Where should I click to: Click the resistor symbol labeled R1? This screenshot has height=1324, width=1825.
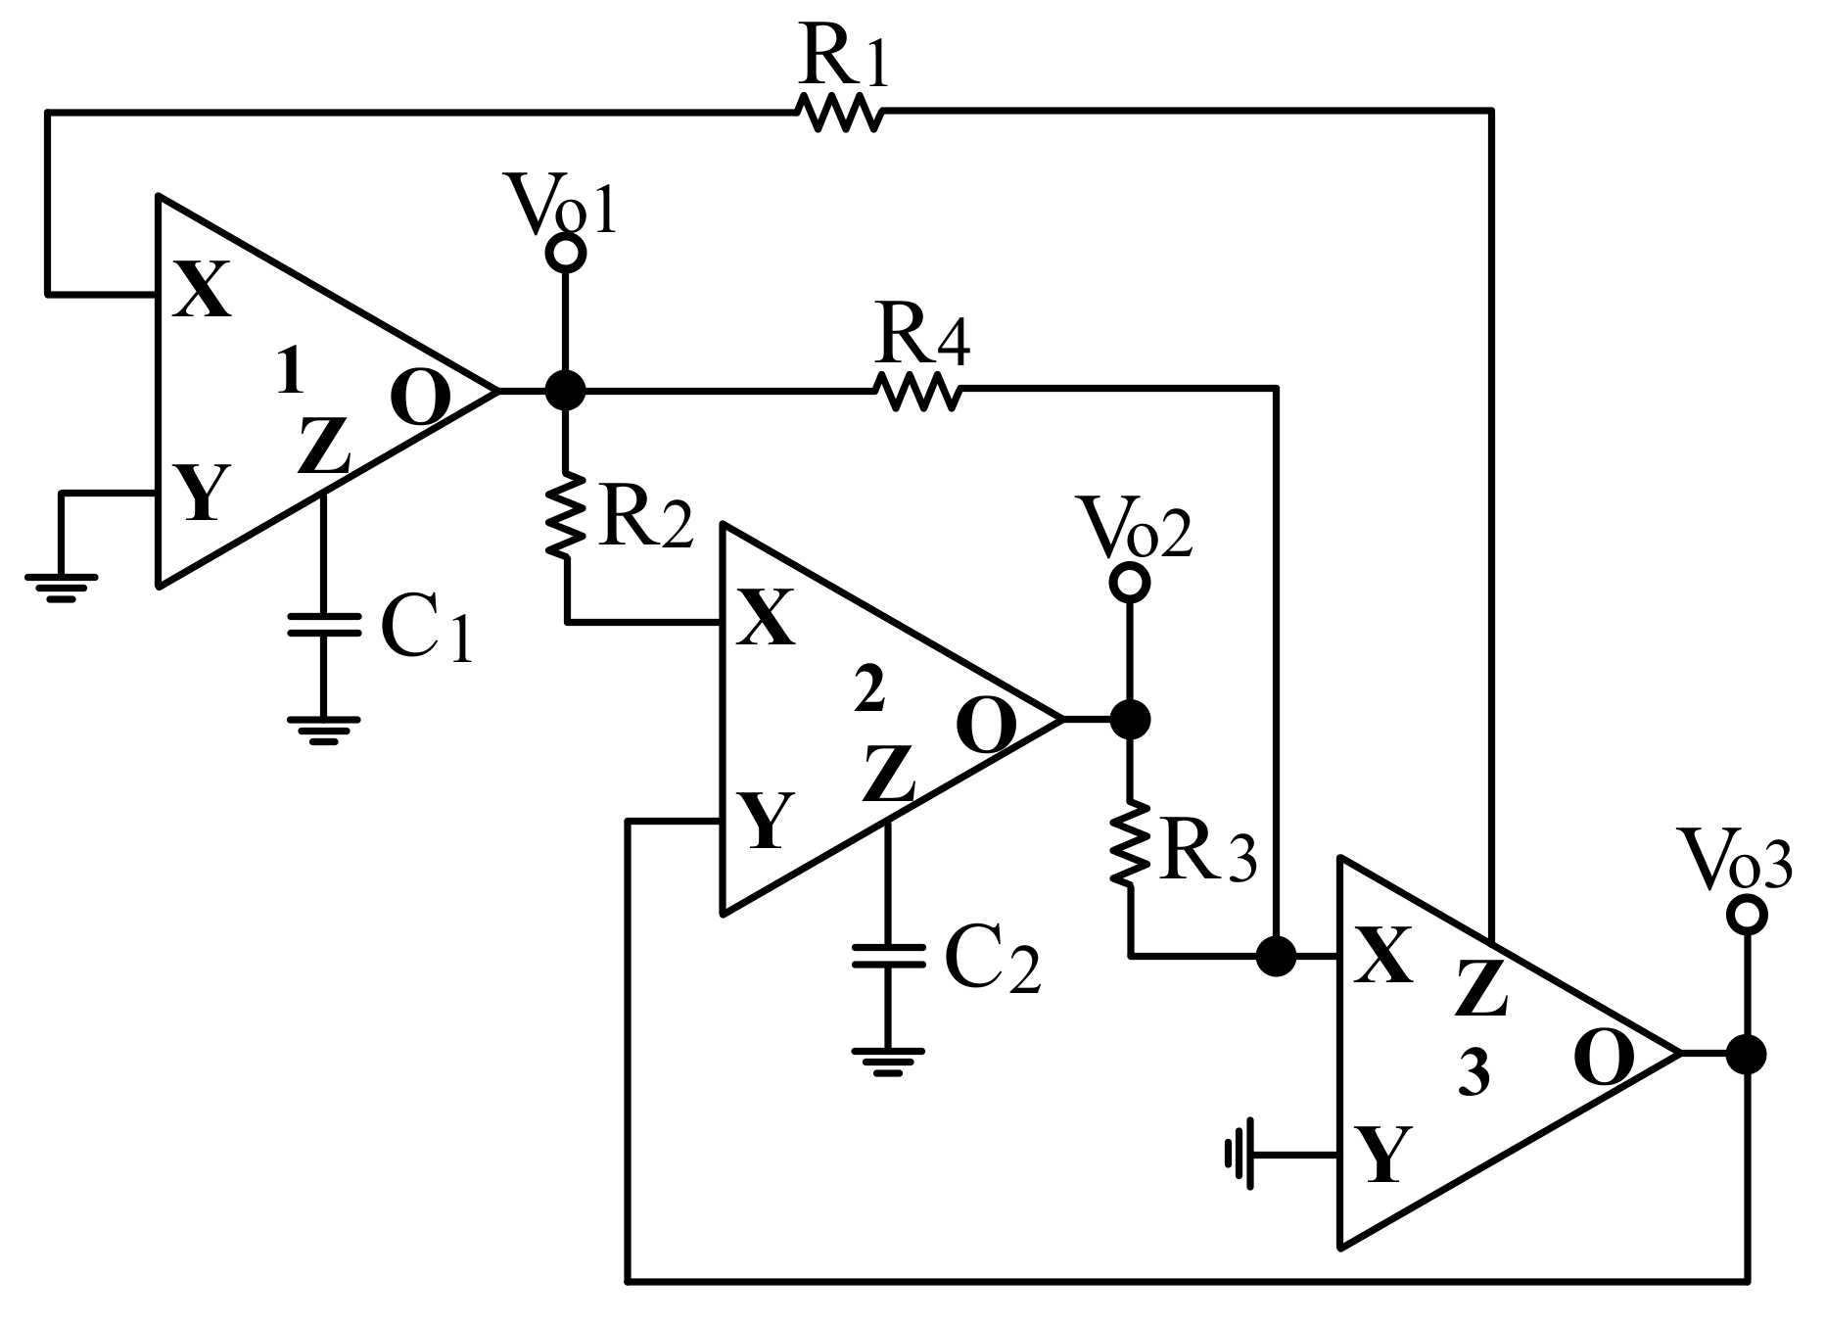tap(841, 112)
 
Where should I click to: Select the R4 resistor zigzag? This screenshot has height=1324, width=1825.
tap(917, 391)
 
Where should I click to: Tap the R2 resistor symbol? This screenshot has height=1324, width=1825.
tap(566, 516)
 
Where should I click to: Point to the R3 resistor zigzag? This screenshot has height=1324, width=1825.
tap(1131, 844)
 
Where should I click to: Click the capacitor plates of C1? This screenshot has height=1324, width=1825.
tap(324, 625)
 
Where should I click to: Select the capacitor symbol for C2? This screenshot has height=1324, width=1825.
tap(888, 955)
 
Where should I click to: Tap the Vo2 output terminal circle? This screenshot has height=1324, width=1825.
tap(1130, 583)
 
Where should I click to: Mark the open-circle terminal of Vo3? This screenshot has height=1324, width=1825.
tap(1747, 915)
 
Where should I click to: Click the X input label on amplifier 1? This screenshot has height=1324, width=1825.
tap(203, 291)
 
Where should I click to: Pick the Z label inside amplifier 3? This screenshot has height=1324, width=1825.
tap(1481, 989)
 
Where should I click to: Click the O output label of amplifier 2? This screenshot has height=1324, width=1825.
tap(986, 726)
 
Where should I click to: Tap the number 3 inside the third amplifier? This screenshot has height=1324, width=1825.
tap(1474, 1074)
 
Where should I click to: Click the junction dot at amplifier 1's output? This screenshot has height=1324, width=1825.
tap(565, 390)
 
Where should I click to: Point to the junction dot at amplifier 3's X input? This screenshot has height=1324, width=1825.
tap(1276, 955)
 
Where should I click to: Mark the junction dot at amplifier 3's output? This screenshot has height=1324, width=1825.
tap(1747, 1055)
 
